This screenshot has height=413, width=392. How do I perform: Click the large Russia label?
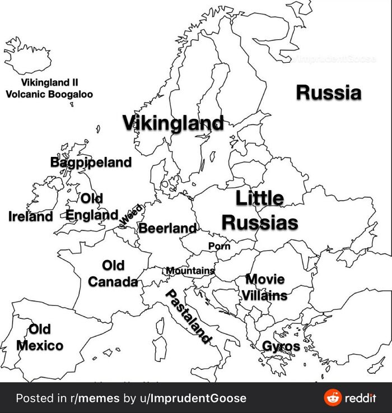pos(328,92)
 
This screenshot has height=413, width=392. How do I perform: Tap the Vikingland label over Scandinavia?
pos(173,123)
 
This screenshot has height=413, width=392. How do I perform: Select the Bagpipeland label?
pos(91,163)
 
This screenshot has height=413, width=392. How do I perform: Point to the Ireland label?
pos(31,216)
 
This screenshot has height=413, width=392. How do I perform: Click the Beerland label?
pos(167,228)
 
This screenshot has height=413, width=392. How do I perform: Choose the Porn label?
pos(219,246)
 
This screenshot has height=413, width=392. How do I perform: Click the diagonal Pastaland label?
pos(189,317)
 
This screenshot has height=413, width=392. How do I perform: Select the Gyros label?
pos(282,346)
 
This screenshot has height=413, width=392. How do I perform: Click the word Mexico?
pos(40,345)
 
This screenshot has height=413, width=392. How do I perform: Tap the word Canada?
pos(113,281)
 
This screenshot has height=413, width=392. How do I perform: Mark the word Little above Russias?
pos(259,198)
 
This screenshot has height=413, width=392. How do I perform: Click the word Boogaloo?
pos(69,94)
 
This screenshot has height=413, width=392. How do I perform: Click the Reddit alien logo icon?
pos(333,398)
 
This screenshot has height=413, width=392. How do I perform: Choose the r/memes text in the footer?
pos(94,398)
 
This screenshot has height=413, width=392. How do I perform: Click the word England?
pos(92,215)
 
